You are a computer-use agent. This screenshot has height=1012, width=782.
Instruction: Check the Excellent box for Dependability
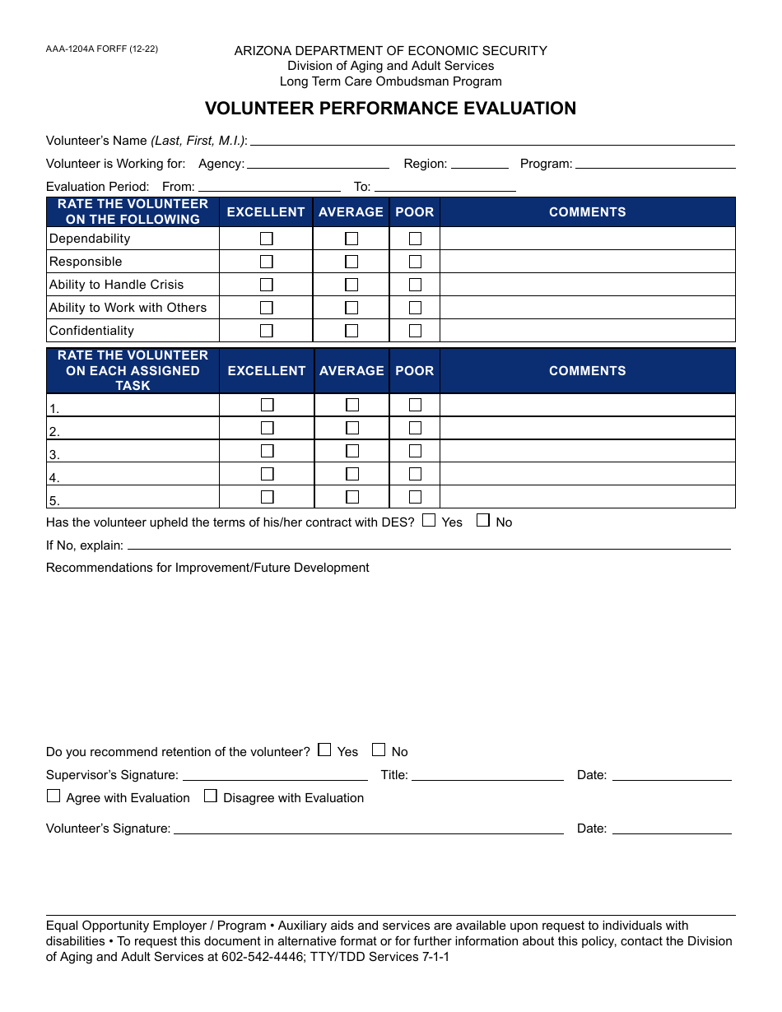[267, 239]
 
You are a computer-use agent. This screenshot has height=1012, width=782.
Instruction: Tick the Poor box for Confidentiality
[415, 331]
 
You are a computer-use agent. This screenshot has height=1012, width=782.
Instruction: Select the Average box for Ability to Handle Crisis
[351, 285]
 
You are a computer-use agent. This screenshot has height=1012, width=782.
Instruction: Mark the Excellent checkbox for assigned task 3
[267, 451]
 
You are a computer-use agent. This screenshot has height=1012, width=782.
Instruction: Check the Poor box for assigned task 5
[415, 497]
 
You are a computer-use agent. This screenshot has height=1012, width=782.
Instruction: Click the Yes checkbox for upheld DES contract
[429, 520]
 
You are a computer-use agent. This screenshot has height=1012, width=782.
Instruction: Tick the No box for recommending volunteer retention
[379, 750]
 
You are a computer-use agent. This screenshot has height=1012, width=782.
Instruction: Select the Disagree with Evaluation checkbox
[211, 796]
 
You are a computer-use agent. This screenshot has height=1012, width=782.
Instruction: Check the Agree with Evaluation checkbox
[54, 796]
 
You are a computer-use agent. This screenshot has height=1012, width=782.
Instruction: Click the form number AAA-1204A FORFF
[102, 49]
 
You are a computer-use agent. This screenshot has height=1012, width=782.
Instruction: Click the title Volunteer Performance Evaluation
[390, 109]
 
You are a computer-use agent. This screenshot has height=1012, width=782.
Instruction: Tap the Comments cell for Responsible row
[587, 262]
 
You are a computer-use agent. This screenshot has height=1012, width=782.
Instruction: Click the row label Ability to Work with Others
[128, 308]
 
